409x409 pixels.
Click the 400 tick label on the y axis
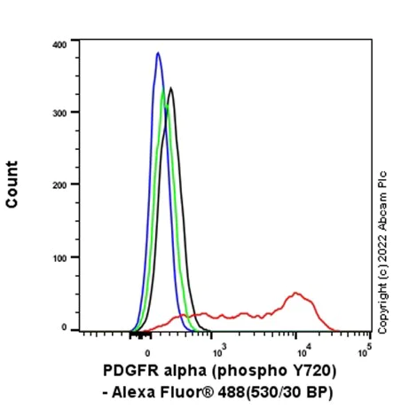point(59,43)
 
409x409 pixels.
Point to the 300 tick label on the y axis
point(59,112)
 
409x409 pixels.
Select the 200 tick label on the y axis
point(59,185)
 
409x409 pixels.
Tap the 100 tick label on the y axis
point(59,256)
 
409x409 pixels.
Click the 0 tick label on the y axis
point(65,327)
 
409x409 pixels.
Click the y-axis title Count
point(12,185)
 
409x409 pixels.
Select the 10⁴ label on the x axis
point(304,346)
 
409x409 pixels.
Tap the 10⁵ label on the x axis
point(364,346)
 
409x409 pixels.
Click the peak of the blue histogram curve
point(157,53)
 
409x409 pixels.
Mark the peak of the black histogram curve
point(171,88)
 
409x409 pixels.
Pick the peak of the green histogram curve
point(163,94)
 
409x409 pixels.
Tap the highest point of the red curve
point(295,292)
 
